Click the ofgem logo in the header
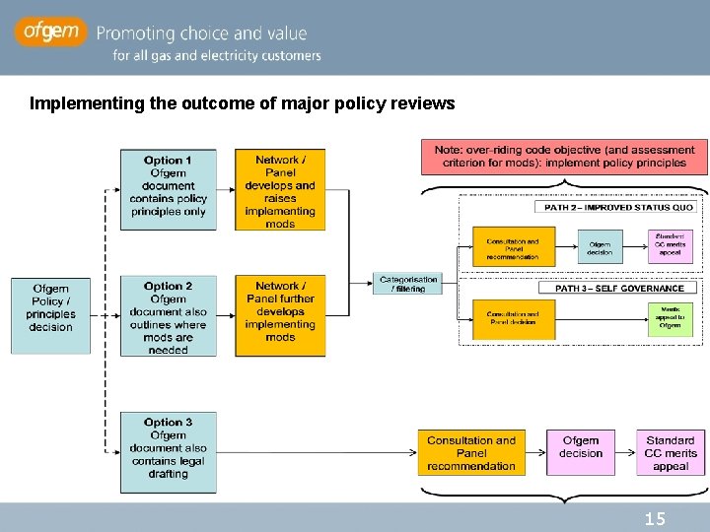49,33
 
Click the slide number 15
655,518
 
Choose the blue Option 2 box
168,316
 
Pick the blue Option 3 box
168,452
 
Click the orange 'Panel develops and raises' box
280,189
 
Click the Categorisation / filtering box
408,284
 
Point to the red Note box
564,157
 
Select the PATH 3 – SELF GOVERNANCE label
619,288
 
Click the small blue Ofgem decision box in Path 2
600,246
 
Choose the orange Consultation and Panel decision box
513,318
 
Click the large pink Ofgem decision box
580,452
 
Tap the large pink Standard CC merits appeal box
671,452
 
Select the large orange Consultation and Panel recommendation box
471,452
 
